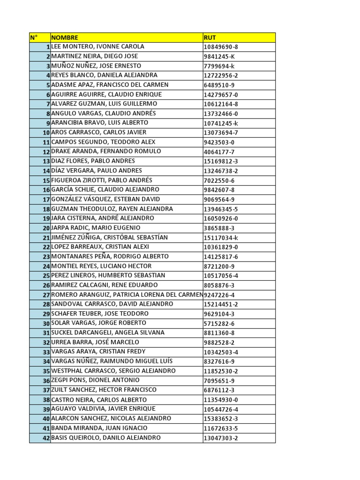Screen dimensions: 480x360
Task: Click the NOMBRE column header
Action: click(x=65, y=37)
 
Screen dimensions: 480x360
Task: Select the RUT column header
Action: click(x=210, y=37)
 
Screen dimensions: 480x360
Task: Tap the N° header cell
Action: click(x=34, y=37)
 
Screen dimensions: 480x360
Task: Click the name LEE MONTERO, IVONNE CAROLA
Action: click(x=97, y=47)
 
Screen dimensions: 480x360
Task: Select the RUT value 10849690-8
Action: click(x=221, y=47)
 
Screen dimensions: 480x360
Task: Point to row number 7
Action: click(x=47, y=104)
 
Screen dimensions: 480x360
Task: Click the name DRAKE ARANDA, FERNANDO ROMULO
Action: click(x=106, y=151)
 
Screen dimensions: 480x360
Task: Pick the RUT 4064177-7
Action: click(x=219, y=152)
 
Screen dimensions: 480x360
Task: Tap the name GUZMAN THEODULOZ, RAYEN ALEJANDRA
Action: click(x=112, y=209)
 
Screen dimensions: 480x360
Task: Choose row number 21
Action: click(x=46, y=238)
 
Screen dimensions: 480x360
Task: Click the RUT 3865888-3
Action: click(x=219, y=228)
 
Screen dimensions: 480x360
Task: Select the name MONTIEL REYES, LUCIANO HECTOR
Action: click(x=101, y=266)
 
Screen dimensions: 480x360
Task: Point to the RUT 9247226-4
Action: click(x=219, y=295)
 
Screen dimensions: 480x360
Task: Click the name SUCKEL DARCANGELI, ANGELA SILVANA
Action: click(x=108, y=332)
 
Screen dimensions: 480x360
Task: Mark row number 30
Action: click(x=46, y=323)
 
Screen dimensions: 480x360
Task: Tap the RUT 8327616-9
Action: click(x=219, y=361)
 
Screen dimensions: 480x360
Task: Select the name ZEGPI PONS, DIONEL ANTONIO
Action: click(x=95, y=380)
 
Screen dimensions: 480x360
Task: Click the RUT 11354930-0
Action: click(x=221, y=400)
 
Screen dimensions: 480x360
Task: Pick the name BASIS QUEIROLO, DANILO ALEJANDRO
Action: click(x=106, y=438)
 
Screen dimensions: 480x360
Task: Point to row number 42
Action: click(x=46, y=438)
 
